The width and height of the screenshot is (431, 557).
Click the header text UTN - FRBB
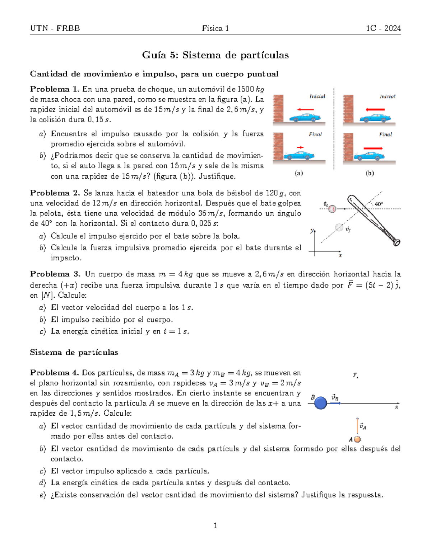pos(55,28)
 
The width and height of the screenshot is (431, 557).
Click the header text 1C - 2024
pos(383,28)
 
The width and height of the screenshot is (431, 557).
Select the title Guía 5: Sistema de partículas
pos(215,55)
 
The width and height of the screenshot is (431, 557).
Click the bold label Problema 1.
pos(55,89)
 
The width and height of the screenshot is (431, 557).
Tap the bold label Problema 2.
pos(55,193)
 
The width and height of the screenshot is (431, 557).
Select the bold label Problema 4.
pos(55,373)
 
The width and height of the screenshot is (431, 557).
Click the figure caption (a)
pos(298,173)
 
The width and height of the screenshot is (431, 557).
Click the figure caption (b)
pos(370,173)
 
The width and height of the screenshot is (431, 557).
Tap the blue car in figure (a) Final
pos(299,155)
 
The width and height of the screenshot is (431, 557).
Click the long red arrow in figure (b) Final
pos(373,148)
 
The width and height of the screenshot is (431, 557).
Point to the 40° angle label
pos(379,204)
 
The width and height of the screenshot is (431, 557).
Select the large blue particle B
pos(320,403)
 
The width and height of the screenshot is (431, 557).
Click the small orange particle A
pos(357,439)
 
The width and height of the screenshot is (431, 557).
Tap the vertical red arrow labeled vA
pos(357,426)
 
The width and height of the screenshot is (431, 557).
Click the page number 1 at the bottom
pos(215,526)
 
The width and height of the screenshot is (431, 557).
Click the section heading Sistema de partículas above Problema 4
pos(74,353)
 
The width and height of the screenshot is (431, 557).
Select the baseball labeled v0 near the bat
pos(333,208)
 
